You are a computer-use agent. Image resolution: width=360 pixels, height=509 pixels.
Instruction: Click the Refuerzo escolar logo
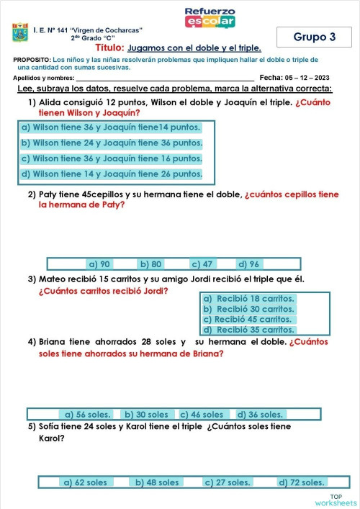[x=210, y=17]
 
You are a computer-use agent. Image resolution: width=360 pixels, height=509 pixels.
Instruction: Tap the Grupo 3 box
[x=314, y=37]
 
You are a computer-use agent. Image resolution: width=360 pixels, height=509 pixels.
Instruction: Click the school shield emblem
[x=20, y=34]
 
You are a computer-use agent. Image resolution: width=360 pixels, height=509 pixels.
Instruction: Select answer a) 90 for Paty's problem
[x=99, y=264]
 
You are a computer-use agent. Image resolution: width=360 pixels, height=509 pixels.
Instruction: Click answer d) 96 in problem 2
[x=249, y=264]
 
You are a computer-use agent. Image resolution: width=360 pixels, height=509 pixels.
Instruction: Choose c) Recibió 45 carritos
[x=248, y=319]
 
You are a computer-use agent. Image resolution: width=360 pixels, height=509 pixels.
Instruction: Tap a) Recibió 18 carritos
[x=248, y=298]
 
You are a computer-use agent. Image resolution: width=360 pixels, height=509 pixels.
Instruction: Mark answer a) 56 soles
[x=86, y=415]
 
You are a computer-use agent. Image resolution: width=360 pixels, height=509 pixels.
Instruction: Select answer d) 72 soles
[x=302, y=482]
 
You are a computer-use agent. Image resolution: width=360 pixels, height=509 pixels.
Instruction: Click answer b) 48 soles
[x=158, y=482]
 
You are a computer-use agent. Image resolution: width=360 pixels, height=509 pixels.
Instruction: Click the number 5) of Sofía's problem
[x=32, y=426]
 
